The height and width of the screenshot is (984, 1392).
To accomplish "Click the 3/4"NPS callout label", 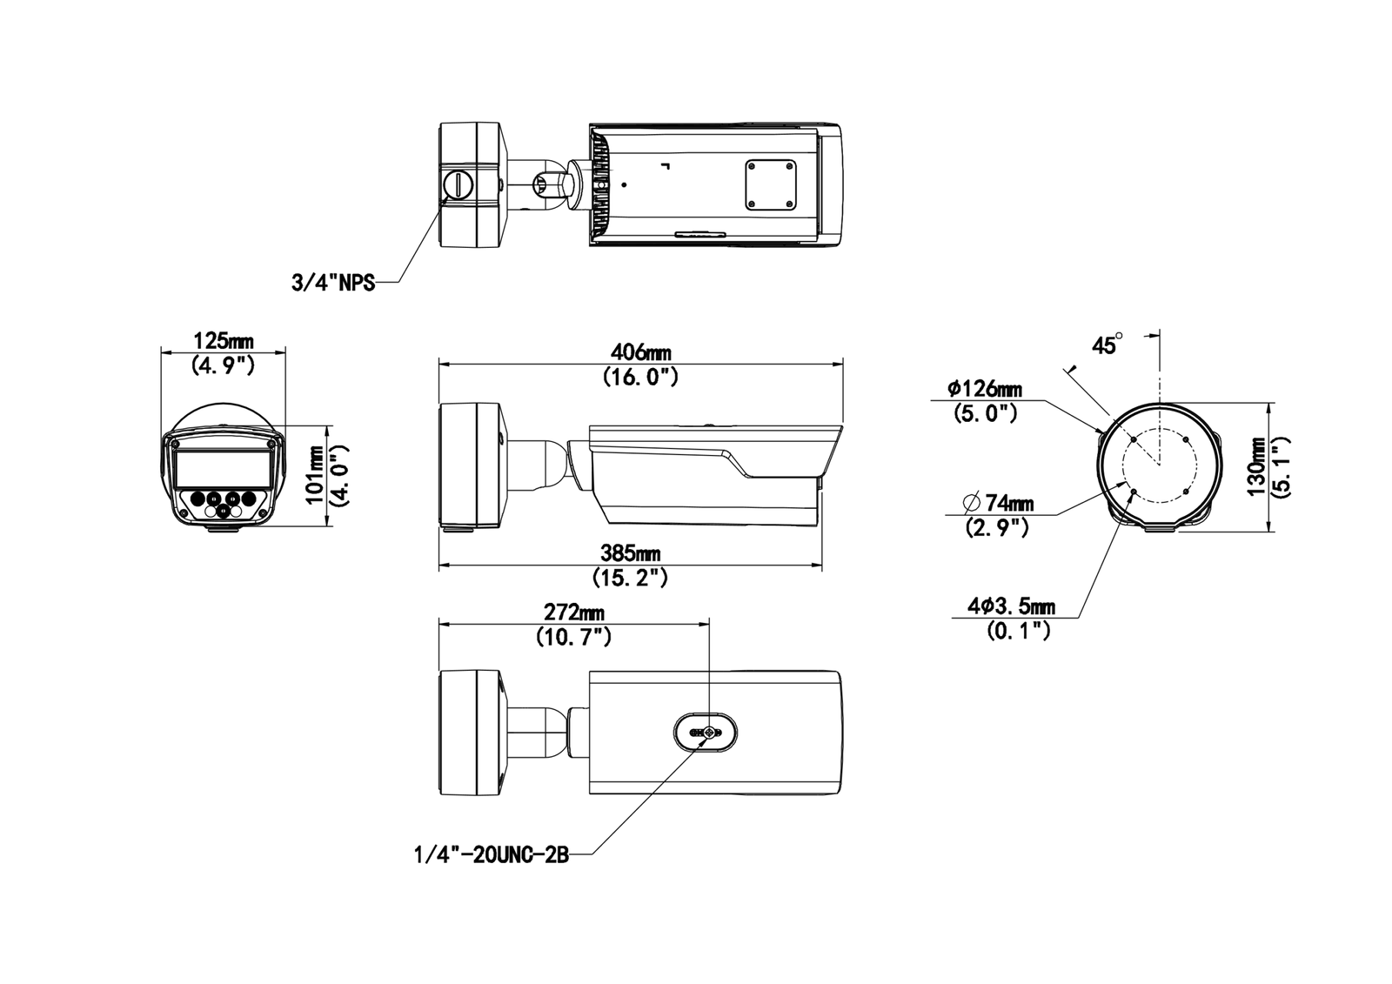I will pos(333,283).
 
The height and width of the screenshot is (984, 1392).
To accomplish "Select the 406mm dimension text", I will pos(640,352).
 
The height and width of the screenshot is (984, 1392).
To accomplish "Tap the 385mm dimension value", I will pos(630,553).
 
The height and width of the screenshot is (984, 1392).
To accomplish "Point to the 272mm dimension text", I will pos(574,613).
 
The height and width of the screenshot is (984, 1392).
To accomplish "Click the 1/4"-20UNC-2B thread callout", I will pos(491,855).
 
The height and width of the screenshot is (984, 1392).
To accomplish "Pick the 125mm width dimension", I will pos(223,340).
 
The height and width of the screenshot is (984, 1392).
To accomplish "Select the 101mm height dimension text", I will pos(315,475).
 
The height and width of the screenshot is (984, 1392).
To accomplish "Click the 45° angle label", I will pos(1107,345).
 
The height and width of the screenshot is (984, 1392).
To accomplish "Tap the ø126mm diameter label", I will pos(985,388).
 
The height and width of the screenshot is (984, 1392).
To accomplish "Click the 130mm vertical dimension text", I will pos(1256,466).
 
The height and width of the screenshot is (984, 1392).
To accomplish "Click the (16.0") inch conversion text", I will pos(640,377).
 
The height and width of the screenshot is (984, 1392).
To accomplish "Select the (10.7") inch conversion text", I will pos(574,637).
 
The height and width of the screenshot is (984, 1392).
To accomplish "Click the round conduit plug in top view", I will pos(458,184).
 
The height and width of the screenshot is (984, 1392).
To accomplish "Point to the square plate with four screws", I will pos(770,184).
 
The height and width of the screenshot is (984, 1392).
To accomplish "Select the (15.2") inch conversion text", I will pos(630,577).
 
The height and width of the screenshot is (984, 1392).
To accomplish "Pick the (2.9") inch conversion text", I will pos(997,527).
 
